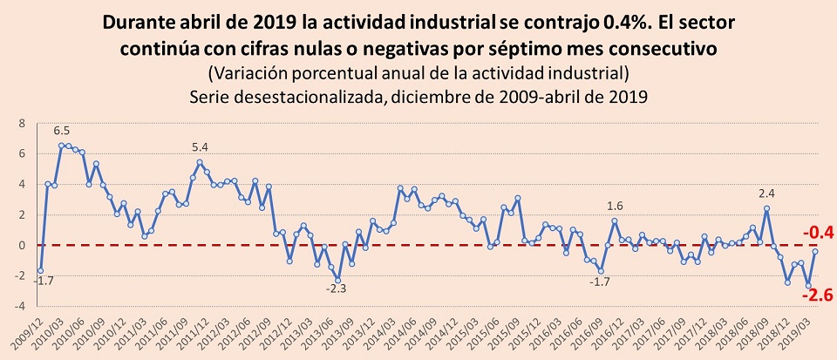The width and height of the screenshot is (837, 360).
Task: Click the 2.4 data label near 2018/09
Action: pos(766,194)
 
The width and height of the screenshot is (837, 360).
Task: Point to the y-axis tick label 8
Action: pos(24,123)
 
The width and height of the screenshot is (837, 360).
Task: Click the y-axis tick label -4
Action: pos(21,307)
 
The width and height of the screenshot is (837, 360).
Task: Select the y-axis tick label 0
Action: pos(24,246)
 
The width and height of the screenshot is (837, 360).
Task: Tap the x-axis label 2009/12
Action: pos(30,333)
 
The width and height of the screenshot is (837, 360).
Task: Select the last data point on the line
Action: pos(815,251)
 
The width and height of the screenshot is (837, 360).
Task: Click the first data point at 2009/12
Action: pos(40,271)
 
